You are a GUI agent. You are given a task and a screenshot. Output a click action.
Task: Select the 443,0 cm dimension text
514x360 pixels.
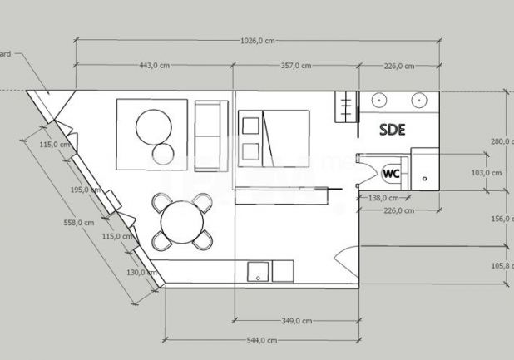(152, 66)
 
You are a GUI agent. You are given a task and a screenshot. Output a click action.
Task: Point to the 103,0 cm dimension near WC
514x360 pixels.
(486, 173)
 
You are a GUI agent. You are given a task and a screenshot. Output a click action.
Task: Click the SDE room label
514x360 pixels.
(392, 129)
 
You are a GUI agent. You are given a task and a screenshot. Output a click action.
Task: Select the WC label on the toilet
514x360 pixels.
(392, 173)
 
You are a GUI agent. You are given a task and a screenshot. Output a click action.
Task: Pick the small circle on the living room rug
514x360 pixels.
(164, 152)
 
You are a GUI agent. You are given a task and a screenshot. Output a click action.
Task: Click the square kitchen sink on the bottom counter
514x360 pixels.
(259, 272)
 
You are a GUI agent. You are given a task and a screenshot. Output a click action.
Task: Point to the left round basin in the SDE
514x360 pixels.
(379, 100)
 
